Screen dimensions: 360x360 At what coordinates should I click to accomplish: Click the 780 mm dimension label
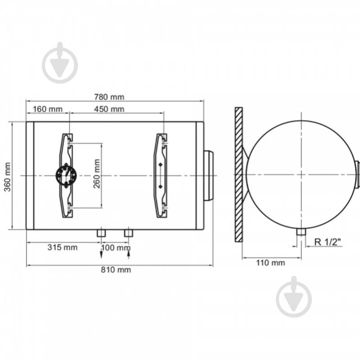pyautogui.click(x=109, y=97)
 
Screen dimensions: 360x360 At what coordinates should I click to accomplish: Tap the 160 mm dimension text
pyautogui.click(x=47, y=109)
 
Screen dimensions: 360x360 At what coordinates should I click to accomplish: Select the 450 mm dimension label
pyautogui.click(x=109, y=109)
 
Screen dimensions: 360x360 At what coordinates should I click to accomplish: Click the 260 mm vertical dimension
pyautogui.click(x=97, y=173)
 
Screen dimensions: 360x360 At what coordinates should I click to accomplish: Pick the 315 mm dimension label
pyautogui.click(x=63, y=247)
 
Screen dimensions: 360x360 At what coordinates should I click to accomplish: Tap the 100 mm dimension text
pyautogui.click(x=116, y=248)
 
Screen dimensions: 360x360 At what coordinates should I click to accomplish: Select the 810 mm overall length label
pyautogui.click(x=116, y=269)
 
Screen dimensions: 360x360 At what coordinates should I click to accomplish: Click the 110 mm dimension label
pyautogui.click(x=270, y=263)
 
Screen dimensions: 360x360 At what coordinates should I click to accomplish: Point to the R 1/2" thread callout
pyautogui.click(x=328, y=242)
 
